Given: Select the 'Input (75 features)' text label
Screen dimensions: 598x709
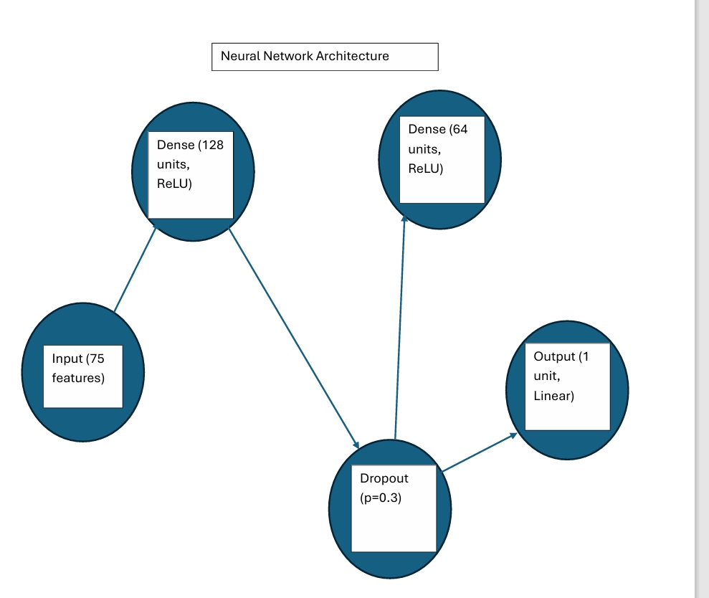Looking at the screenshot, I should pos(78,368).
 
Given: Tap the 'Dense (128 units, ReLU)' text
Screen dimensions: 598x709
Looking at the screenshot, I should pos(190,164).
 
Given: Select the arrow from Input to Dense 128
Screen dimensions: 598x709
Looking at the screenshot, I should pos(135,269).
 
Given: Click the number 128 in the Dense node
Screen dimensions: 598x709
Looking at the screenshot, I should pos(211,145).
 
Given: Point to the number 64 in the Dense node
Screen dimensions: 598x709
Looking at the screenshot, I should pos(459,129).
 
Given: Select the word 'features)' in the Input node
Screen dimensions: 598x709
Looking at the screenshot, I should pos(78,378).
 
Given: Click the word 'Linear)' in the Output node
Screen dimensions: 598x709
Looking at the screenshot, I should pos(554,396).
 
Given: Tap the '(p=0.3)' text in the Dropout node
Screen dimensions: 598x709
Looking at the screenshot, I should pos(381,498).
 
